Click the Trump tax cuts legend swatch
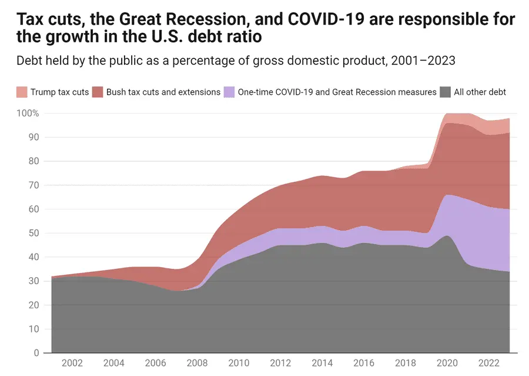click(22, 92)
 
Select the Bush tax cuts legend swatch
click(98, 92)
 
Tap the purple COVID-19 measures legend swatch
click(229, 92)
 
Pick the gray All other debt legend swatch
click(446, 92)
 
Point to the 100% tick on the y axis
click(28, 113)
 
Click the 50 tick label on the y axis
click(33, 233)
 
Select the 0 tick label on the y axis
click(36, 353)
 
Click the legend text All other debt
click(480, 92)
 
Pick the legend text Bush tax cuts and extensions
click(163, 92)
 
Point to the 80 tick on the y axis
click(33, 161)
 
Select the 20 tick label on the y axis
click(33, 305)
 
